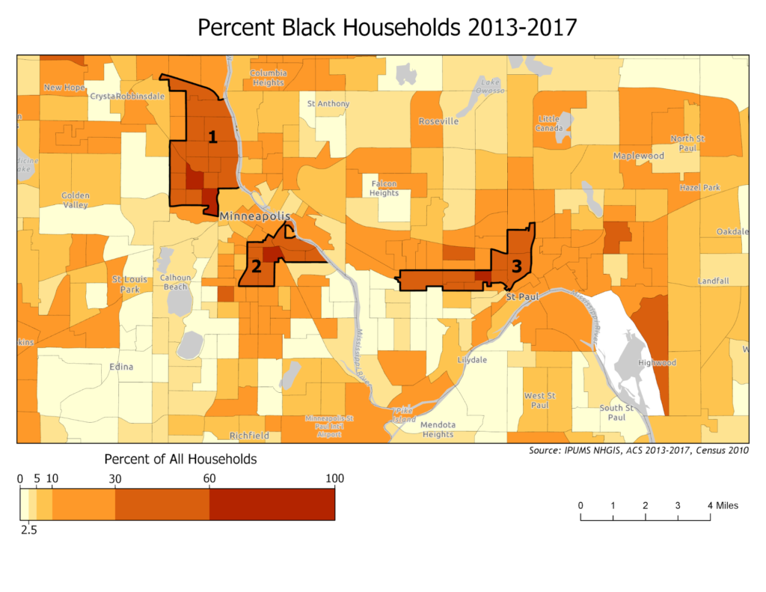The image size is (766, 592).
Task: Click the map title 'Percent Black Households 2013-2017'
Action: [387, 28]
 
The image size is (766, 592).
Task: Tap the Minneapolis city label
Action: [254, 216]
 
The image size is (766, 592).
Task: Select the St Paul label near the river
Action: [521, 297]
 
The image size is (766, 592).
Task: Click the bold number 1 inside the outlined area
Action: [212, 137]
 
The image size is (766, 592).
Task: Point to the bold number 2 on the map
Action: [256, 267]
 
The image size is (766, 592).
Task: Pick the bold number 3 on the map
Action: [516, 265]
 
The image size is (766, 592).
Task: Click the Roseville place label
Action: [438, 121]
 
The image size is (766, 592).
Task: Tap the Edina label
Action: [121, 367]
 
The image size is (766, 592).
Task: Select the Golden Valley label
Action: [75, 200]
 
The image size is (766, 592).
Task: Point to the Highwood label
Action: [657, 363]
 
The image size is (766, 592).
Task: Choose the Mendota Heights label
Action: [438, 430]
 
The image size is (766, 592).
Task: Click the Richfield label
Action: [249, 435]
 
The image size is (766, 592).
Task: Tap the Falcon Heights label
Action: [384, 188]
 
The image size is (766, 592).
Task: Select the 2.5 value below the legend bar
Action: [28, 530]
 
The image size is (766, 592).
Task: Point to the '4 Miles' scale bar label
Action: [723, 506]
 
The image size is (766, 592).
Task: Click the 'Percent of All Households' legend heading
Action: [180, 458]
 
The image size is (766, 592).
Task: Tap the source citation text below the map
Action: [638, 451]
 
